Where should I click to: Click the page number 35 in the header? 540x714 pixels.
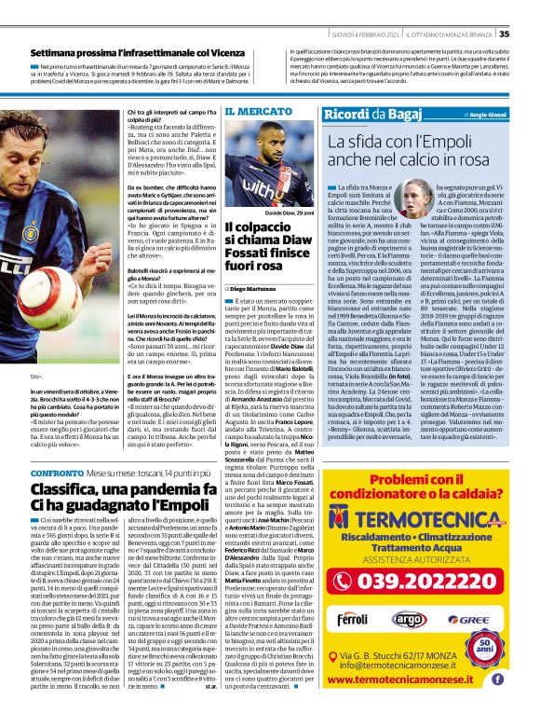pos(529,8)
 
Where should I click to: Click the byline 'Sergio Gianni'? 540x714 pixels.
pos(503,115)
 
